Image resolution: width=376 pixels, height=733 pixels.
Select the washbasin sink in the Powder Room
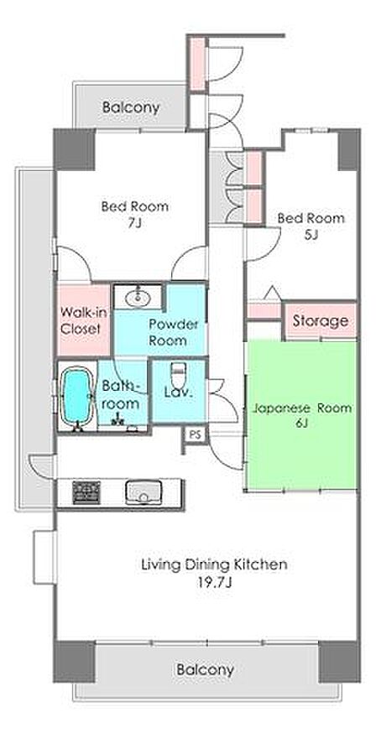[138, 295]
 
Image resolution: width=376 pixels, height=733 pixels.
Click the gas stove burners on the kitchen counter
[86, 492]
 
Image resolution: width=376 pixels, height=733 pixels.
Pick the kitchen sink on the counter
[144, 492]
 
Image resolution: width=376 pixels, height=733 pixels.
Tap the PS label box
[195, 434]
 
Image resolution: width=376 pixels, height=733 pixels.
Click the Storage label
[321, 320]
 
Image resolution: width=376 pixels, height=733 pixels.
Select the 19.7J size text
[215, 583]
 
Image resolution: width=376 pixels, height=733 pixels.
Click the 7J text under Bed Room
[135, 223]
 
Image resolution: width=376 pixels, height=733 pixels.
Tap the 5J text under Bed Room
[311, 235]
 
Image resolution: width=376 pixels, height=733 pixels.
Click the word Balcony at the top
[131, 108]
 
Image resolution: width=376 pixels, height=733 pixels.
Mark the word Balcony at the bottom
[205, 670]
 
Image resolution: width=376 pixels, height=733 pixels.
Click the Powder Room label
[167, 332]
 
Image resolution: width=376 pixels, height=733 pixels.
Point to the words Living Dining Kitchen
[214, 564]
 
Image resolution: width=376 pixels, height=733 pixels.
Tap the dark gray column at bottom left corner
[75, 662]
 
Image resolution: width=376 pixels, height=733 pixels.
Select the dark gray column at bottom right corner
[340, 662]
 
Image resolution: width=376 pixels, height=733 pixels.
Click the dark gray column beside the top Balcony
[75, 149]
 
